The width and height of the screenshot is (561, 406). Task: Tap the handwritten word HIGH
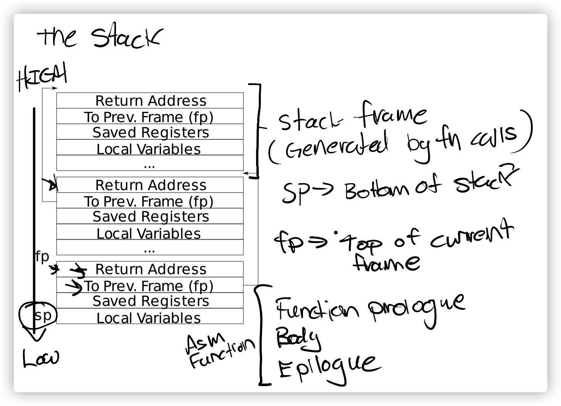pyautogui.click(x=42, y=78)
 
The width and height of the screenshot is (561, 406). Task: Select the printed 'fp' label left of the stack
pyautogui.click(x=42, y=257)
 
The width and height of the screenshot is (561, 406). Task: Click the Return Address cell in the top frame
pyautogui.click(x=150, y=101)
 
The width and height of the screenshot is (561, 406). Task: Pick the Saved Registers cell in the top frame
pyautogui.click(x=150, y=132)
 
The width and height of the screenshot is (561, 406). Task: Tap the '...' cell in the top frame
pyautogui.click(x=150, y=164)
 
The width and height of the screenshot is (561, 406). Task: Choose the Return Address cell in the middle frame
pyautogui.click(x=150, y=185)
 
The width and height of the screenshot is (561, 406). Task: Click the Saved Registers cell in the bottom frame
pyautogui.click(x=150, y=301)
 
